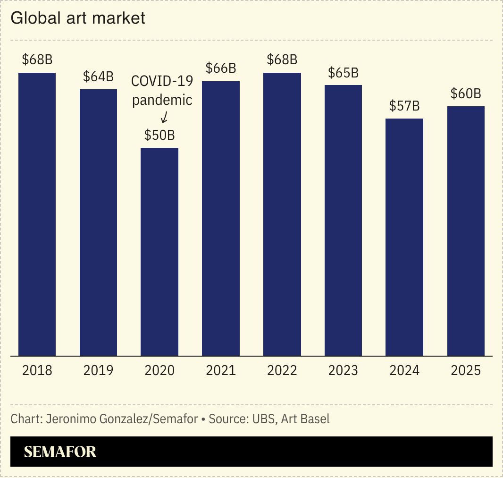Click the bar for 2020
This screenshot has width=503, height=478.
click(x=159, y=252)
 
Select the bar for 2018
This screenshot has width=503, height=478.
click(x=37, y=214)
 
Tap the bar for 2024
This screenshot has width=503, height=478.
click(x=404, y=237)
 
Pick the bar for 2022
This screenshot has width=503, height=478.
click(x=282, y=214)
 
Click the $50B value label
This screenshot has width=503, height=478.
click(x=159, y=136)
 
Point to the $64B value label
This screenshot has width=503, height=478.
click(x=98, y=77)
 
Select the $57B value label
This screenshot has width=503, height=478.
click(x=404, y=106)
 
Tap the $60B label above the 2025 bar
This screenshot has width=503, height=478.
click(x=466, y=94)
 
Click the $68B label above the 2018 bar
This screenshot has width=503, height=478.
click(x=37, y=60)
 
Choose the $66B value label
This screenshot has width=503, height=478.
click(x=221, y=68)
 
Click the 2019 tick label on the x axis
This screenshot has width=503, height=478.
click(x=98, y=370)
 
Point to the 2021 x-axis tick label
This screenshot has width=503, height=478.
click(x=221, y=370)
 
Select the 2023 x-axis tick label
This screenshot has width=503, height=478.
click(x=343, y=370)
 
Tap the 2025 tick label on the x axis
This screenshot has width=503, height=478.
click(x=466, y=370)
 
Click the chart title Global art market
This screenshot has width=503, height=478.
click(x=77, y=18)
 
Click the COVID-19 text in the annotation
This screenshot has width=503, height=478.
click(x=162, y=81)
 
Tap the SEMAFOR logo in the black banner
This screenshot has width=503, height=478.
click(x=60, y=452)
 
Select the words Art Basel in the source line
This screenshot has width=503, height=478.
click(x=305, y=419)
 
